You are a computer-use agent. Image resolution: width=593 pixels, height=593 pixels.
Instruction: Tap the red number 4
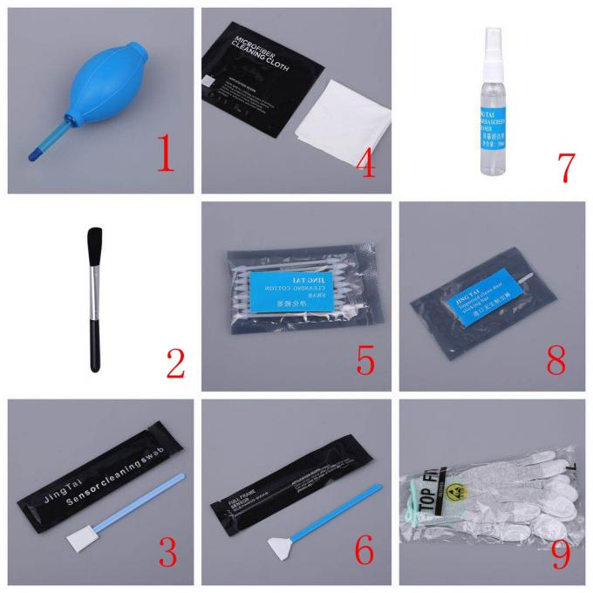[365, 160]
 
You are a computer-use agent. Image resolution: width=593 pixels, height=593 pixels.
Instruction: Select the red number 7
[559, 165]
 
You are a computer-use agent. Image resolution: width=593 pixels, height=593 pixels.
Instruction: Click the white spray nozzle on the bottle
[491, 40]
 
